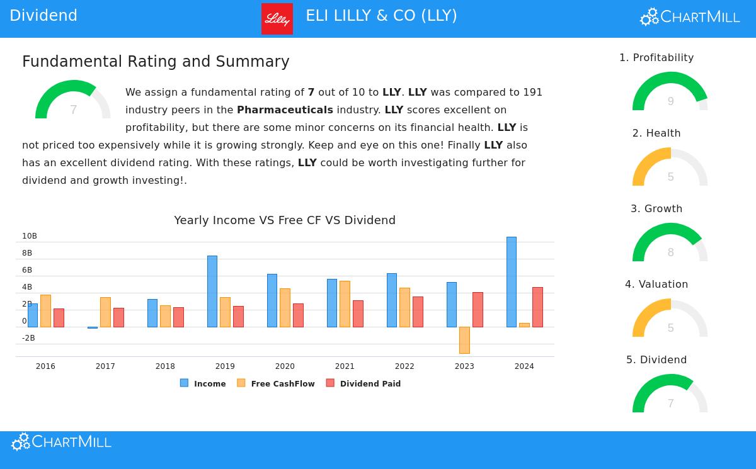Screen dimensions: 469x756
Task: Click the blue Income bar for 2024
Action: (x=511, y=281)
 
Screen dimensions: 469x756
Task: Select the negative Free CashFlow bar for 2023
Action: (x=464, y=340)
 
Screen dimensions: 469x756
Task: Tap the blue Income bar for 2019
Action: (x=212, y=291)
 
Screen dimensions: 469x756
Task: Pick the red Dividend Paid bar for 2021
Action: (x=358, y=314)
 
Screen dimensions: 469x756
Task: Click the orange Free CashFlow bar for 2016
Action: (x=45, y=311)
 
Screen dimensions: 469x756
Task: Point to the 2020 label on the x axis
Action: (x=285, y=366)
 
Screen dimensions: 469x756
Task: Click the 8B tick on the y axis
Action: (x=27, y=253)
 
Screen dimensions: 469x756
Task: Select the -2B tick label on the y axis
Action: (x=28, y=338)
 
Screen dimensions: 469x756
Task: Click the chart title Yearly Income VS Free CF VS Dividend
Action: (x=285, y=220)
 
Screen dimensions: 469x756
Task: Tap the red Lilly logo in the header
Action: (x=277, y=19)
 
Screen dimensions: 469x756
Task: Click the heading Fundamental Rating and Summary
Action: (x=156, y=62)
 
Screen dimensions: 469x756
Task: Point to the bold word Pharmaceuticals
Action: (x=285, y=110)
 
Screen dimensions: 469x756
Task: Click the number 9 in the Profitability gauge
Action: (x=670, y=101)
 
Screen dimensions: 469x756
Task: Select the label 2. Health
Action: (x=656, y=133)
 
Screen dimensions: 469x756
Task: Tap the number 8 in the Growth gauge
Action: (x=670, y=252)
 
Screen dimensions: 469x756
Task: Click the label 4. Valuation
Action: (x=656, y=285)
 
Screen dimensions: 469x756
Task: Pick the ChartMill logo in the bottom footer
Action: (x=61, y=442)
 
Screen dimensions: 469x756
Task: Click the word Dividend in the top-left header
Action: (x=43, y=16)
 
